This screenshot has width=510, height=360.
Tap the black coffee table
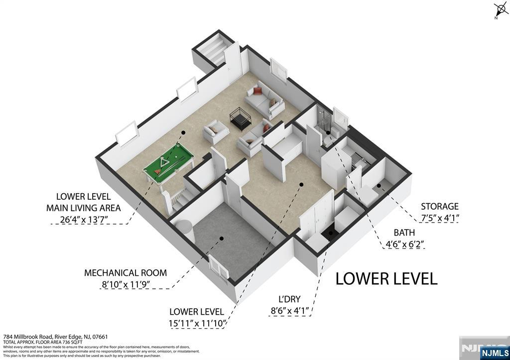(x=240, y=119)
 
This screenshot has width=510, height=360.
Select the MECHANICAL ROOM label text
(x=125, y=273)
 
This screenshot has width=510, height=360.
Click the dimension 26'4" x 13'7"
(x=87, y=219)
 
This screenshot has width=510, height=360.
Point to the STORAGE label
(x=439, y=206)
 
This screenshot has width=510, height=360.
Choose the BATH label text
(x=404, y=233)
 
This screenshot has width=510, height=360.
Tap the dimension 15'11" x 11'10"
(x=198, y=324)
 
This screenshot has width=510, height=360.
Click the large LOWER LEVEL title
(x=386, y=278)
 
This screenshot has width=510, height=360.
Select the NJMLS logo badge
(x=494, y=353)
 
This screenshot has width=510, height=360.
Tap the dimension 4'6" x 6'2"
(x=405, y=244)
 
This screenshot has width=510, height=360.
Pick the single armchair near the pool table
(x=216, y=132)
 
